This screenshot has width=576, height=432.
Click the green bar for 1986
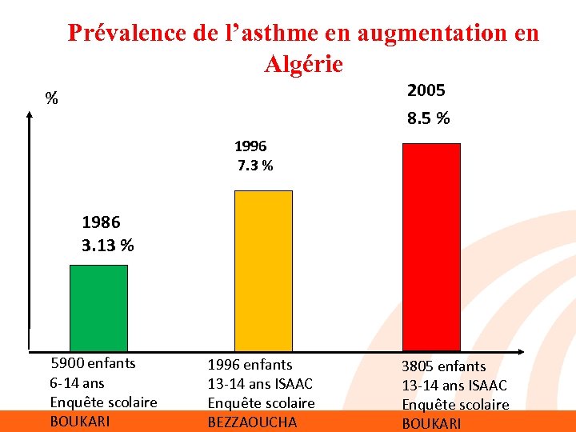tap(98, 307)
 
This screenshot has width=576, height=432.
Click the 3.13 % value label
tap(108, 245)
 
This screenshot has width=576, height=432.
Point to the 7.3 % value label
tap(255, 166)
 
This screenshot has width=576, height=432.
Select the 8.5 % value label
tap(428, 118)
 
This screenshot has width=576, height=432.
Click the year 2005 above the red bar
tap(426, 90)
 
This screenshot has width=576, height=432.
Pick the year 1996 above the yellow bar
tap(250, 146)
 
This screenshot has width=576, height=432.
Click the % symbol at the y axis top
tap(51, 99)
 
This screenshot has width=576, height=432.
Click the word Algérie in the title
tap(303, 63)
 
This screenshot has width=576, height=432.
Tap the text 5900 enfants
tap(93, 363)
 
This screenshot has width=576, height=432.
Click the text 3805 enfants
tap(443, 366)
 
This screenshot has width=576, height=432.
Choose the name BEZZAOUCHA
tap(252, 422)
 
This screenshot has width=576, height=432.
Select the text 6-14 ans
tap(77, 382)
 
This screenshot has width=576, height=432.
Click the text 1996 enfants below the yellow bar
tap(250, 364)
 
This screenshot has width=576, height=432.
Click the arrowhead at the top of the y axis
tap(30, 114)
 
